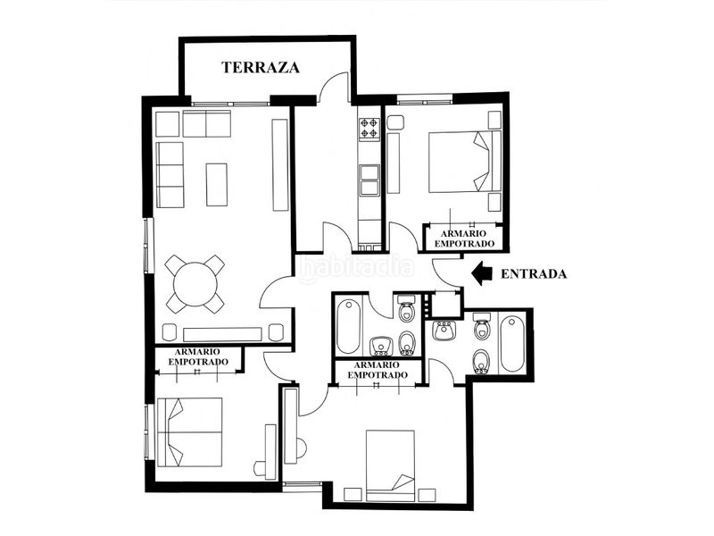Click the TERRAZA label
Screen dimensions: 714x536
pos(261,68)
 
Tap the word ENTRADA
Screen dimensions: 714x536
pos(534,274)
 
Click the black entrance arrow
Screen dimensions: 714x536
pos(482,273)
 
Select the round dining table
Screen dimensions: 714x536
pos(195,284)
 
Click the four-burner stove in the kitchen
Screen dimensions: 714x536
pos(369,128)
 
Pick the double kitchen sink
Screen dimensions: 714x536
pos(369,180)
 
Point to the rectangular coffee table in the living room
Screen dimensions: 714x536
pos(217,185)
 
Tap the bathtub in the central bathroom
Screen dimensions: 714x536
pos(348,327)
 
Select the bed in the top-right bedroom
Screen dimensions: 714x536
pos(464,162)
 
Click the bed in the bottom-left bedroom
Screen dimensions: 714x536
pos(189,432)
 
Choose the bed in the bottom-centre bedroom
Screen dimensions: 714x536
pos(391,465)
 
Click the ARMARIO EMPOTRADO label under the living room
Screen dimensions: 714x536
pos(197,356)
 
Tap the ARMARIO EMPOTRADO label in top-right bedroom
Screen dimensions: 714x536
pos(464,239)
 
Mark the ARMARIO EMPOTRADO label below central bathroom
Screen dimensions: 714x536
pos(378,370)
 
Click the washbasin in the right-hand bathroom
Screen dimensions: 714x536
pos(444,331)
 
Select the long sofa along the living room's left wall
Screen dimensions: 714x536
pos(170,174)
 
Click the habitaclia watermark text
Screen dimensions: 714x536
pos(357,267)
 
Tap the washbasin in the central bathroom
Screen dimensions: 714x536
pos(381,346)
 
